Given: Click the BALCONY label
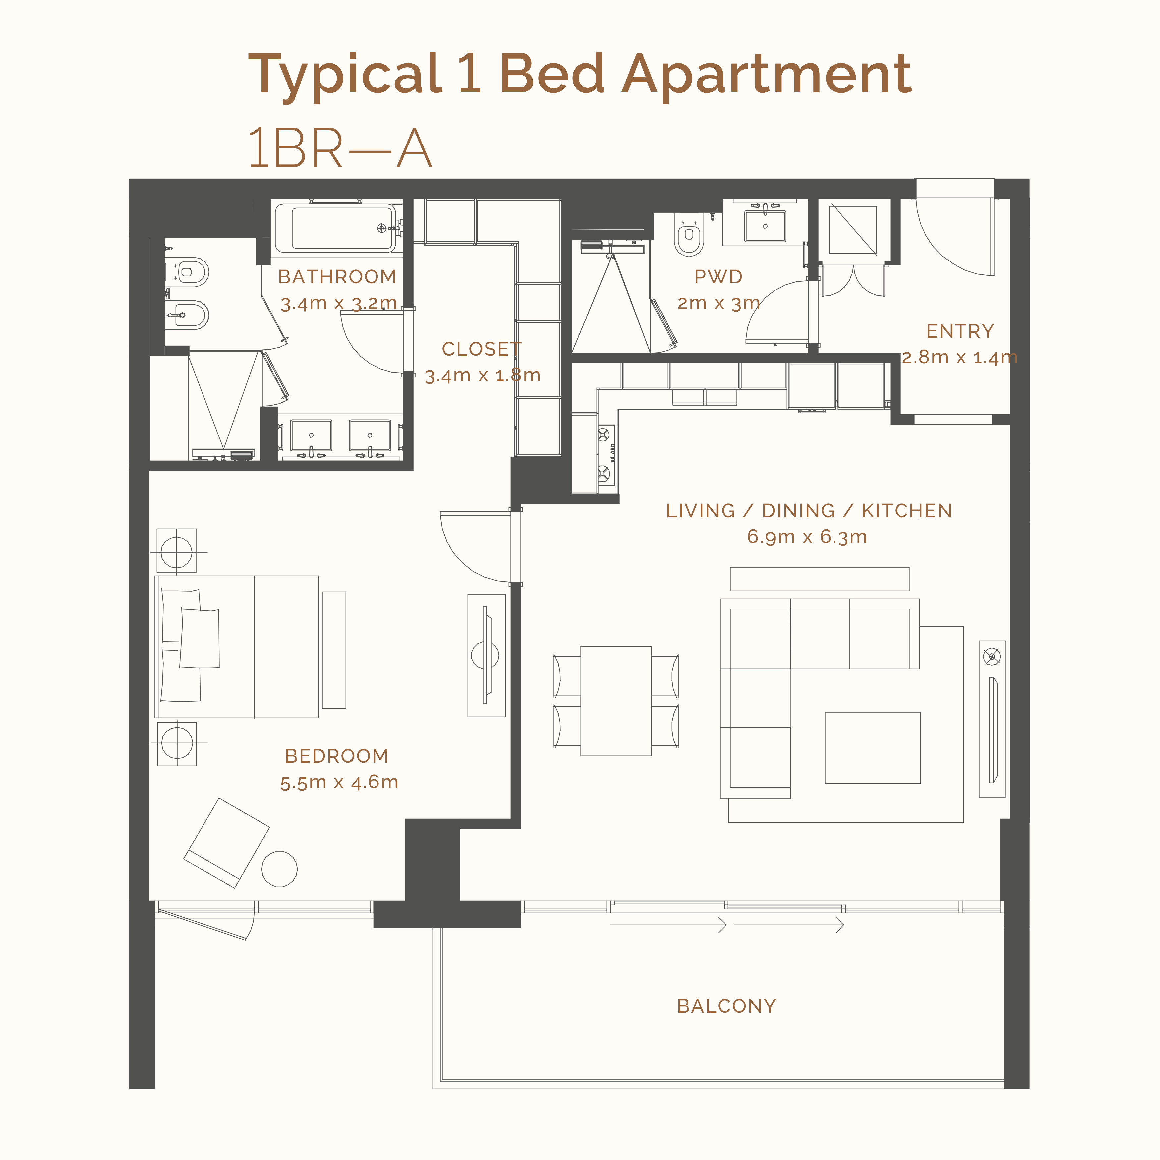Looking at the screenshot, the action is (726, 1006).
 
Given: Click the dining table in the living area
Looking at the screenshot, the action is (616, 701).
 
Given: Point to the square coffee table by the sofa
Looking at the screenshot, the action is (872, 747).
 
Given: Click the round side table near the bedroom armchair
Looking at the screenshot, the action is (280, 869).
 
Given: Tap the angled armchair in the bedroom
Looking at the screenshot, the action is (226, 843).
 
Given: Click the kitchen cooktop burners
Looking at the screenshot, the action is (606, 454).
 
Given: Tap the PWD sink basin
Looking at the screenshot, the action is (765, 226).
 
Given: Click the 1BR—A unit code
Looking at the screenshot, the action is (340, 148).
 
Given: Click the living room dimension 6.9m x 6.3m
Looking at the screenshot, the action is (807, 536).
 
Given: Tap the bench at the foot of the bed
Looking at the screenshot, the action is (334, 650).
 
